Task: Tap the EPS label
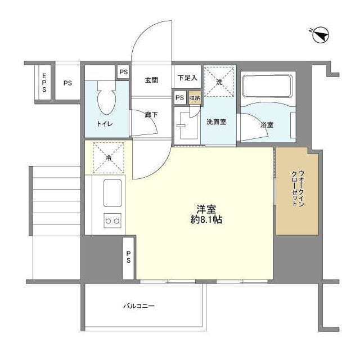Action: (43, 82)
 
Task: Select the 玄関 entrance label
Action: (151, 80)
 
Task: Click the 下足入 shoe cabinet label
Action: (187, 78)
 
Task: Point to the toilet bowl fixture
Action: (107, 100)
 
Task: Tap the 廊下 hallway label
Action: (151, 114)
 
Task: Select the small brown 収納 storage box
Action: (194, 97)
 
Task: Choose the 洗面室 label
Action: (216, 122)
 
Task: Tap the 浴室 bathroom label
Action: (267, 124)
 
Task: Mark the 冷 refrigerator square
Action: (108, 157)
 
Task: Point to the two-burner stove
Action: (112, 221)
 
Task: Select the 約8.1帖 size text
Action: (206, 220)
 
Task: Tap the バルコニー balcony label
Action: (139, 307)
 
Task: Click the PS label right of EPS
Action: (67, 83)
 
